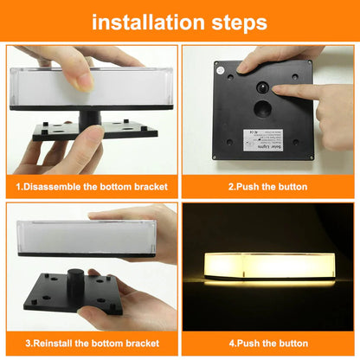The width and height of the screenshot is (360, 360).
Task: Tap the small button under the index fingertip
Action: (x=260, y=89)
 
